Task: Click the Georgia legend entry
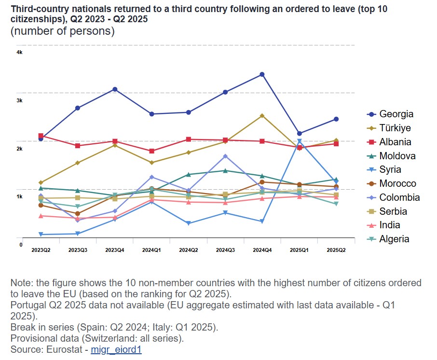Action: (x=390, y=114)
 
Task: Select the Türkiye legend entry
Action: (x=389, y=128)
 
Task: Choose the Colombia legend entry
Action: (x=393, y=197)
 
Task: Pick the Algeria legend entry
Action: (x=388, y=239)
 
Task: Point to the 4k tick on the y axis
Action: (x=20, y=52)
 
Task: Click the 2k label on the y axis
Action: (x=20, y=149)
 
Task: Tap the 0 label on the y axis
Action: (x=21, y=245)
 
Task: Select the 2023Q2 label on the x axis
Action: (x=41, y=250)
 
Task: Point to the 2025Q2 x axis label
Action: (x=336, y=250)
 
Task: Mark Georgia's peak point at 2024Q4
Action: (x=262, y=74)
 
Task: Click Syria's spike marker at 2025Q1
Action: (x=299, y=141)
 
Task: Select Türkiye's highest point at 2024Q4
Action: (x=262, y=116)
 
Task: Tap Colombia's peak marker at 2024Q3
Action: (x=225, y=156)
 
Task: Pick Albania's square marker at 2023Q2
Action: (x=41, y=136)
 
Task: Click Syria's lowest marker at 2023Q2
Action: (x=41, y=235)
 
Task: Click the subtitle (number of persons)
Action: (x=62, y=32)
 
